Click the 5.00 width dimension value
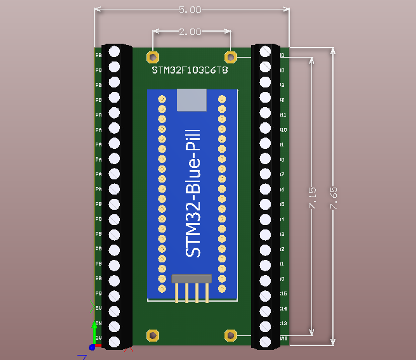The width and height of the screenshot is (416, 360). [x=191, y=10]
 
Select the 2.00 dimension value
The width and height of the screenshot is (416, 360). [x=191, y=32]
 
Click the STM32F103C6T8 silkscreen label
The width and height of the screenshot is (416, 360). [x=190, y=70]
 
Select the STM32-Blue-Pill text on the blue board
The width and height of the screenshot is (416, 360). [x=193, y=193]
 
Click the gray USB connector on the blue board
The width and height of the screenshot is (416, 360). [x=192, y=100]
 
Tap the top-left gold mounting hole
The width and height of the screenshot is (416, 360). [x=152, y=57]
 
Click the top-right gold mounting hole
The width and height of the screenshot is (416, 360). [x=231, y=57]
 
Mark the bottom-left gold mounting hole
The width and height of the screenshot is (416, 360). [x=152, y=335]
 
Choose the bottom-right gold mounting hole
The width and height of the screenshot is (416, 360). [x=231, y=335]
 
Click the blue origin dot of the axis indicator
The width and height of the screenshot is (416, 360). [x=92, y=347]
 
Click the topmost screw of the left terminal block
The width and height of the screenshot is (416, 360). [x=115, y=51]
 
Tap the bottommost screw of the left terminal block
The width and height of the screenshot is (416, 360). [x=115, y=342]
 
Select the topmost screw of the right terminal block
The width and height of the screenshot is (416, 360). [x=266, y=51]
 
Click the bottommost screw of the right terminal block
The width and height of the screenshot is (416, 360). [x=266, y=342]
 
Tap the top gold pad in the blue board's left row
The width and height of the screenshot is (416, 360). [x=162, y=99]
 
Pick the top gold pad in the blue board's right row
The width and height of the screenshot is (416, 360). [x=222, y=99]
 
